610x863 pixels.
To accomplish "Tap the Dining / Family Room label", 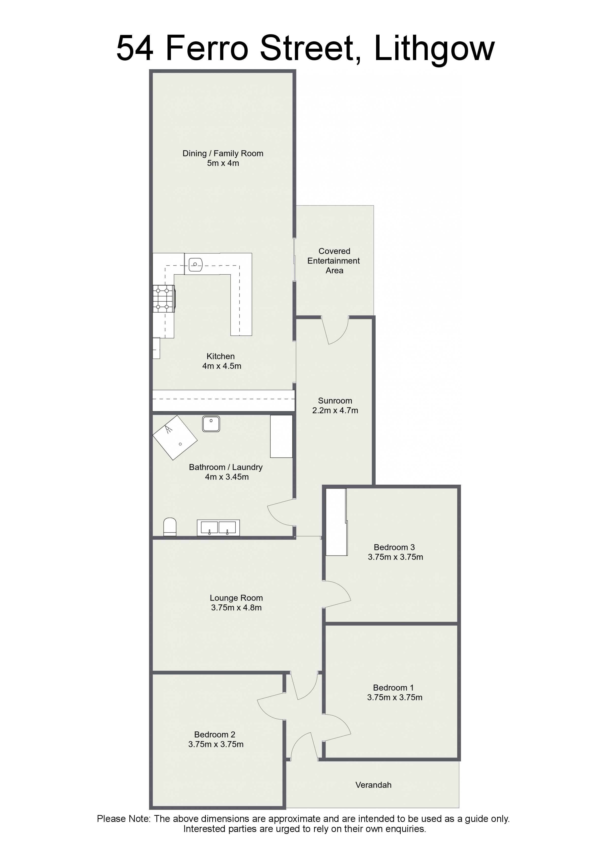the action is tap(223, 153).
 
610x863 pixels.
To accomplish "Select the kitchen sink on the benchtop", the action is tap(196, 264).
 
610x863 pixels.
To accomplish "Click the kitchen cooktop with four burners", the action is tap(164, 299).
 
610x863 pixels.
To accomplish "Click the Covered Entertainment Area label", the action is tap(334, 261).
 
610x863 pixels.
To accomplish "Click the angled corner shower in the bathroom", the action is tap(175, 437).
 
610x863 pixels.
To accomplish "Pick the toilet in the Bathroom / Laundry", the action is tap(170, 527).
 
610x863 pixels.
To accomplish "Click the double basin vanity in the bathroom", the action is tap(218, 528).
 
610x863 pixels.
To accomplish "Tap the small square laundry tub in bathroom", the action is tap(211, 424).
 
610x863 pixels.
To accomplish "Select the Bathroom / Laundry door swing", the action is tap(280, 512).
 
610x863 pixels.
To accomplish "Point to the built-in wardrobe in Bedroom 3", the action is tap(336, 522).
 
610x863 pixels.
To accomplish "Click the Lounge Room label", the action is tap(236, 598).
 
